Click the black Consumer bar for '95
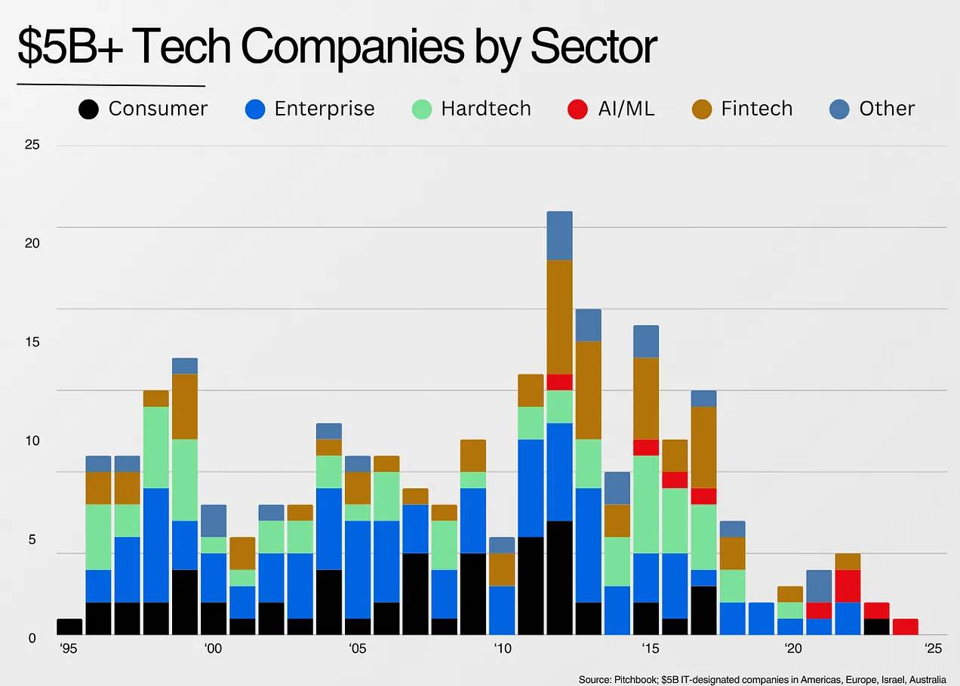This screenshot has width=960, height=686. pos(69,626)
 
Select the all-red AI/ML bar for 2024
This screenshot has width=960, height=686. pos(905,626)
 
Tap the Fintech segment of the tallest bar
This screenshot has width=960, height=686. pos(559,317)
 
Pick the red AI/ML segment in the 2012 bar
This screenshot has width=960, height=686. pos(559,382)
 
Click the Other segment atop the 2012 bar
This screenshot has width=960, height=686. pos(559,235)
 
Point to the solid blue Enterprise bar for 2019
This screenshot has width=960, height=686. pos(761,619)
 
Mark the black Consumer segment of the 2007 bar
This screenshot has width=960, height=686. pos(415,594)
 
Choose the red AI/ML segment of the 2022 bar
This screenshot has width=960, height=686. pos(848,586)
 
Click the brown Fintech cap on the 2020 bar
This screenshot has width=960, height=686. pos(789,594)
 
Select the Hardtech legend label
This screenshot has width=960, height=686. pos(486,109)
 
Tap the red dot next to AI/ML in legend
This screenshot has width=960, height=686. pos(577,109)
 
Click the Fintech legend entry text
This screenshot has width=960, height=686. pos(756,109)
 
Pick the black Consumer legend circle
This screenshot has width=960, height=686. pos(88,109)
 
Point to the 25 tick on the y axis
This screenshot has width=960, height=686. pos(32,145)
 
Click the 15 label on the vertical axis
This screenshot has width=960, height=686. pos(32,342)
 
